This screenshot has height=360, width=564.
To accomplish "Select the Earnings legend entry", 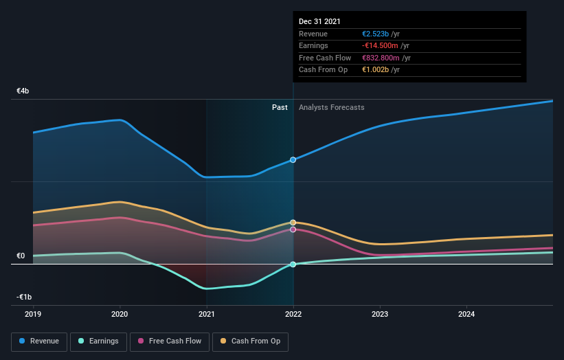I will (x=98, y=341).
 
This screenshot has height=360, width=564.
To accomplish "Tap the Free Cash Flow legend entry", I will (x=170, y=341).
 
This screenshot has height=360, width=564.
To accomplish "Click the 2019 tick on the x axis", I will (x=33, y=315).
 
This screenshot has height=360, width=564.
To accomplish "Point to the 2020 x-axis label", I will (x=120, y=315).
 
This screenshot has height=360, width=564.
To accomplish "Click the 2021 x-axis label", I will (x=206, y=315).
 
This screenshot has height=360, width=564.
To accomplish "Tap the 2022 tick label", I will (x=293, y=315).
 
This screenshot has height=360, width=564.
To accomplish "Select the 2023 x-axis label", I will (x=380, y=315).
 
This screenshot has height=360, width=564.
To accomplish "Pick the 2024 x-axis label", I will (x=466, y=315).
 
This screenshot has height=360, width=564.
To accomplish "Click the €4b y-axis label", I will (x=23, y=91).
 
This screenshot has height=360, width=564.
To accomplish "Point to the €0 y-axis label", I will (x=21, y=256).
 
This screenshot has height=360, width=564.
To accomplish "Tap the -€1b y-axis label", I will (x=23, y=297).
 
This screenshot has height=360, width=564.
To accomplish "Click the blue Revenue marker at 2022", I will (x=293, y=159).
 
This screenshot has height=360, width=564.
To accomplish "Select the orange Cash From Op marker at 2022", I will (x=293, y=223).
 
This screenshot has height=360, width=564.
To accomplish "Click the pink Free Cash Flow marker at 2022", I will (x=293, y=229).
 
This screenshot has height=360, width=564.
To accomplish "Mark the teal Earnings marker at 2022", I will (x=293, y=265).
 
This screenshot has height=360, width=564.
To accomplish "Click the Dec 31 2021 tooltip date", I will (x=320, y=22).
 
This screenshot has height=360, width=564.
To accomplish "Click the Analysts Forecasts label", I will (x=331, y=107).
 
